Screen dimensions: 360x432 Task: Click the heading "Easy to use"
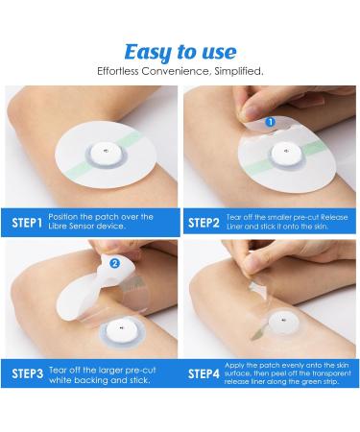180,52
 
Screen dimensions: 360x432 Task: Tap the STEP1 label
27,223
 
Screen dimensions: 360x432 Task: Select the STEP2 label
204,223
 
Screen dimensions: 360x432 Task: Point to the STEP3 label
27,373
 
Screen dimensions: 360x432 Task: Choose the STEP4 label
204,373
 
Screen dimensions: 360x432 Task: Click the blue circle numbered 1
271,122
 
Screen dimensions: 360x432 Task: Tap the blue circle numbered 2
114,263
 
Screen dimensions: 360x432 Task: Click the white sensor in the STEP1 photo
106,153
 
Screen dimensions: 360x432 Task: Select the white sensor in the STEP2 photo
286,154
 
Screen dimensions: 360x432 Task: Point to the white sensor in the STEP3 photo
122,329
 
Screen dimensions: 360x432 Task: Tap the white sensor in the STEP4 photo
283,322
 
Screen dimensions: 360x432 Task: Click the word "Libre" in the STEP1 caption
57,226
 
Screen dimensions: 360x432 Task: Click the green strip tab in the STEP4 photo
258,333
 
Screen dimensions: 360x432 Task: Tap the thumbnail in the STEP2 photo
253,113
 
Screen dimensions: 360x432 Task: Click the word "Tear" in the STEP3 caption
57,371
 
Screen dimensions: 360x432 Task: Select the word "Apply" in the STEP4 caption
234,366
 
